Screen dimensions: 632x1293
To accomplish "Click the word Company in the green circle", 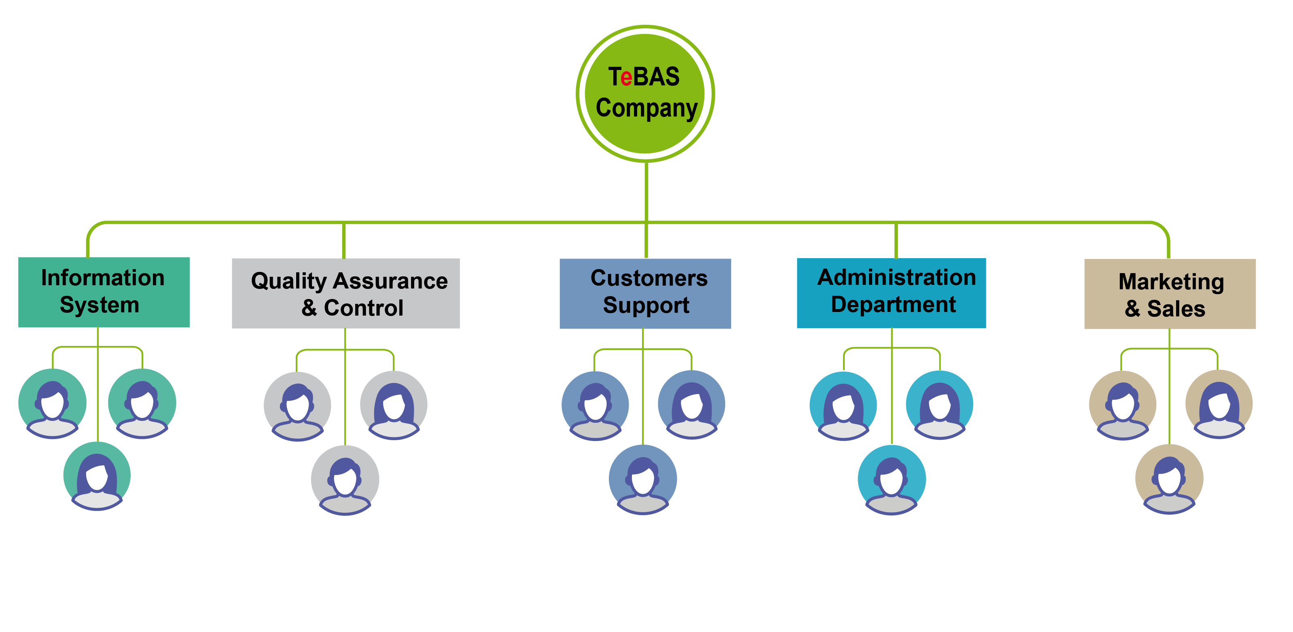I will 646,108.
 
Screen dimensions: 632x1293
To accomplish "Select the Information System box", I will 104,292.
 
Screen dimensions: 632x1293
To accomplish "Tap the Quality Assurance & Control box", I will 346,294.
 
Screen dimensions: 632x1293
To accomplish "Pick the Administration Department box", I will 891,293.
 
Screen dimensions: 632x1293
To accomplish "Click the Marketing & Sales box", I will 1170,294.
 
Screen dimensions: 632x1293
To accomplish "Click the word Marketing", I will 1171,282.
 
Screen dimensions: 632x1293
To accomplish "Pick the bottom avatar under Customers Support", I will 643,479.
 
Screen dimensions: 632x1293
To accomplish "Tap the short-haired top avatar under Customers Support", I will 595,405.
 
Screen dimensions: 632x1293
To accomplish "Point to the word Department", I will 893,305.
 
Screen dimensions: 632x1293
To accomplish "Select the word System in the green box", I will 100,305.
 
